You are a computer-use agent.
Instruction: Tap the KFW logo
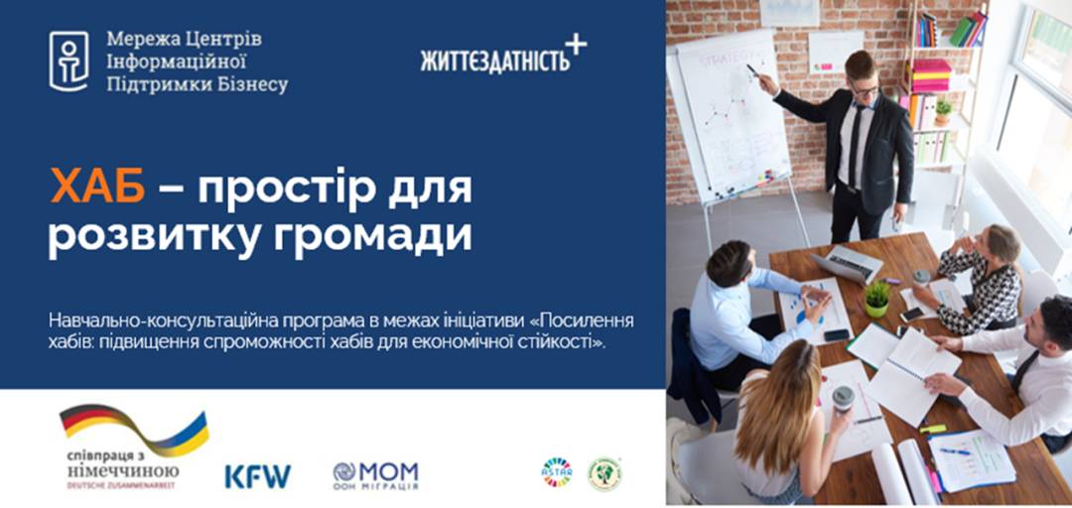257,476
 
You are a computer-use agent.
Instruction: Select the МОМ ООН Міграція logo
375,475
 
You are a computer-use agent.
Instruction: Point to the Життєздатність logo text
495,60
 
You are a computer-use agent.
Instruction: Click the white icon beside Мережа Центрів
68,62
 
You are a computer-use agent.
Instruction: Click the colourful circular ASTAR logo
556,472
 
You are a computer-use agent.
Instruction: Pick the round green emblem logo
604,473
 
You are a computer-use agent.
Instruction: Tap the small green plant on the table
877,298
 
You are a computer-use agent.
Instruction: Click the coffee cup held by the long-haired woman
843,398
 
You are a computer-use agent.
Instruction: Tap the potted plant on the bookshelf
942,110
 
